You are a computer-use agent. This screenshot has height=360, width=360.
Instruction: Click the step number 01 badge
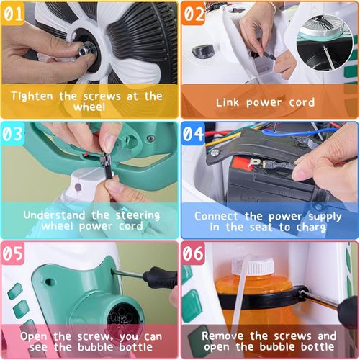tap(17, 14)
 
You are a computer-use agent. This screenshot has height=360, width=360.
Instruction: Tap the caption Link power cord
tap(266, 102)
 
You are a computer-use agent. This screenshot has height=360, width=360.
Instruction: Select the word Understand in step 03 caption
tap(55, 214)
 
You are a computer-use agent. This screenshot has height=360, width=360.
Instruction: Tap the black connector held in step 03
tap(105, 164)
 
